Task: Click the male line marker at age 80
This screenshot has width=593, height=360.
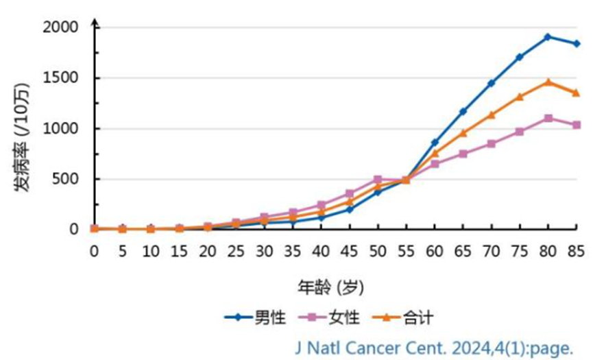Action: click(548, 37)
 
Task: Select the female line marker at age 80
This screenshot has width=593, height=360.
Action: click(548, 118)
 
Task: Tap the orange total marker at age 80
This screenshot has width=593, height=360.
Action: click(548, 82)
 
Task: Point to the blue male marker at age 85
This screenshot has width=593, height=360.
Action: click(577, 44)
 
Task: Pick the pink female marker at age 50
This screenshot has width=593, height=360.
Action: click(378, 180)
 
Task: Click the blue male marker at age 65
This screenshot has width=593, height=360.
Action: click(463, 111)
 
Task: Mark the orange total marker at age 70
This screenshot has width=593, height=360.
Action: click(491, 115)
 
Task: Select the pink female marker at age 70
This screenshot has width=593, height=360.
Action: click(491, 144)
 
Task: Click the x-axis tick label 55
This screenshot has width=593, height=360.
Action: click(406, 252)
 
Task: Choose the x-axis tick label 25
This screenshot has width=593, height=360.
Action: click(236, 252)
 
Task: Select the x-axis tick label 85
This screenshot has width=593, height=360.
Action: click(576, 252)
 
